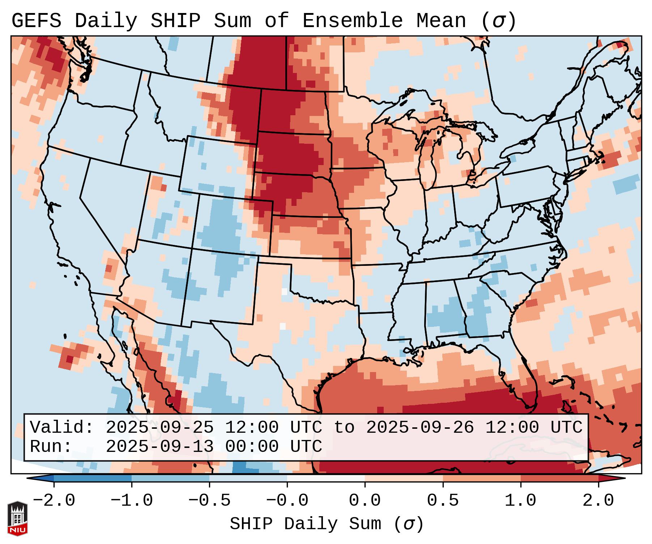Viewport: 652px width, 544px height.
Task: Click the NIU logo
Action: click(17, 518)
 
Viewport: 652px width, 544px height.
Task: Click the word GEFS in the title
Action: click(36, 21)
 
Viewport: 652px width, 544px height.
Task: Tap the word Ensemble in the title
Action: click(352, 21)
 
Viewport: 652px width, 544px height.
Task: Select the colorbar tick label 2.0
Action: click(598, 501)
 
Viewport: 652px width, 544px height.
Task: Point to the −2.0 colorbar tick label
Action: click(54, 501)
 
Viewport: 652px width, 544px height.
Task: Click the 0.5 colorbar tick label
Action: click(443, 501)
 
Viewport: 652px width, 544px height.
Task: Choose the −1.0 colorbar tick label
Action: click(132, 501)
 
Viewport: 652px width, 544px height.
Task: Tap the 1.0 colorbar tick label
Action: click(520, 501)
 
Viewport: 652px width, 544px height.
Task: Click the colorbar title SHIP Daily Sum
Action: click(306, 524)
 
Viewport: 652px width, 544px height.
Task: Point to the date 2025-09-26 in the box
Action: click(420, 427)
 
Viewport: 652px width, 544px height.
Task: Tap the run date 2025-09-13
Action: click(159, 446)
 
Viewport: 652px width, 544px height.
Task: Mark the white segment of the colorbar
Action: click(326, 478)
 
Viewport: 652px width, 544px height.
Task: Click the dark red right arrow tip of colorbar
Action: click(620, 478)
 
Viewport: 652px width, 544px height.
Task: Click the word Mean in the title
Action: click(441, 21)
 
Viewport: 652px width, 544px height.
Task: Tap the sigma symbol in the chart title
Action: click(498, 21)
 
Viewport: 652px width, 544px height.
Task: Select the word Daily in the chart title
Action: click(106, 21)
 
